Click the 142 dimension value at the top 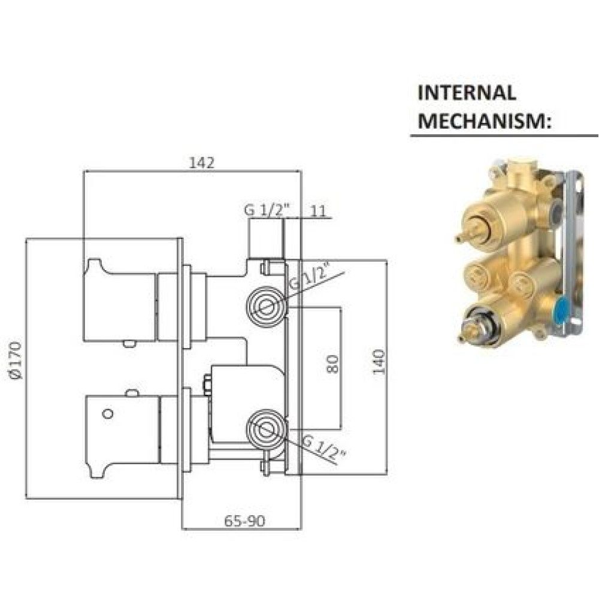pyautogui.click(x=202, y=163)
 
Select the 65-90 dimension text pyautogui.click(x=244, y=521)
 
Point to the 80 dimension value pyautogui.click(x=332, y=364)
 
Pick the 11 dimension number pyautogui.click(x=319, y=211)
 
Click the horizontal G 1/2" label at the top pyautogui.click(x=267, y=210)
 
